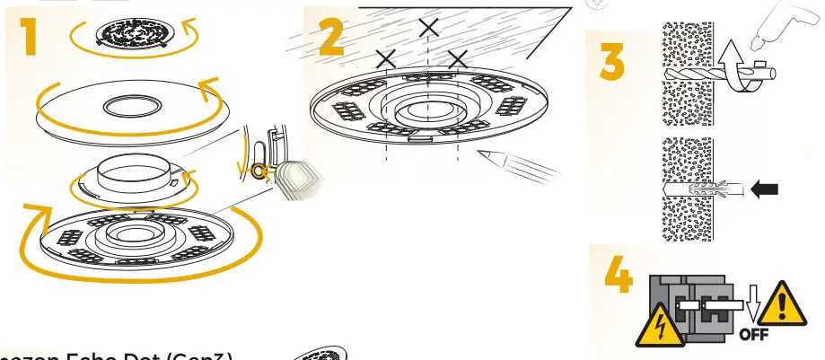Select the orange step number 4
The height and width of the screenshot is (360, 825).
(x=617, y=277)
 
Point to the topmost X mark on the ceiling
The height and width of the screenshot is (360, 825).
(x=429, y=28)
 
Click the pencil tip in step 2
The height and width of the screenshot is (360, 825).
(x=479, y=154)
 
